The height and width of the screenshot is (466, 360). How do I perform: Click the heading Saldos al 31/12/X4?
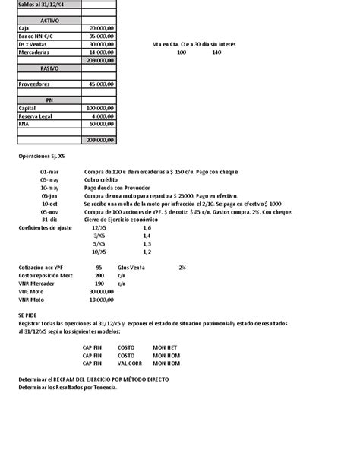pyautogui.click(x=41, y=4)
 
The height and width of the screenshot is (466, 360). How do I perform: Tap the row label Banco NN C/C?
pyautogui.click(x=35, y=36)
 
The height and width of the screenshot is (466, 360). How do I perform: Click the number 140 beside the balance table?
pyautogui.click(x=217, y=52)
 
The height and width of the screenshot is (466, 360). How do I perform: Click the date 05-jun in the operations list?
pyautogui.click(x=49, y=196)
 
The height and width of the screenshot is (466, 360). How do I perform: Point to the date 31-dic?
pyautogui.click(x=49, y=220)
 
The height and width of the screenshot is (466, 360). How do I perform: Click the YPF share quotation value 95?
pyautogui.click(x=99, y=268)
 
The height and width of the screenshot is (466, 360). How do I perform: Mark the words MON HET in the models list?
pyautogui.click(x=166, y=347)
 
